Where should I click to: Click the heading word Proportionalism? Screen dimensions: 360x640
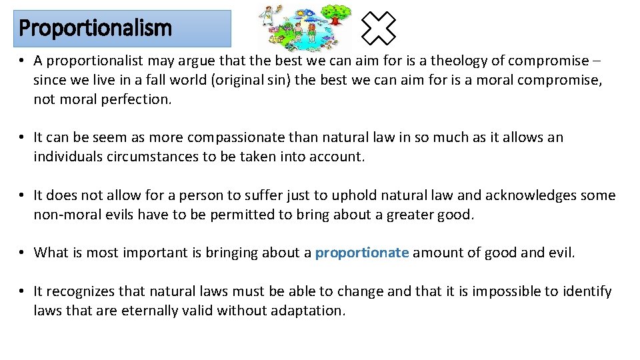tap(95, 29)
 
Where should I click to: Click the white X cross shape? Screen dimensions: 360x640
tap(379, 28)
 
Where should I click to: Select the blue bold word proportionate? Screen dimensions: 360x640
tap(361, 253)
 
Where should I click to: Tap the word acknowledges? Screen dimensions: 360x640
tap(530, 195)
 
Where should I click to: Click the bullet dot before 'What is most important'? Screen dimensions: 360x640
tap(22, 253)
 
